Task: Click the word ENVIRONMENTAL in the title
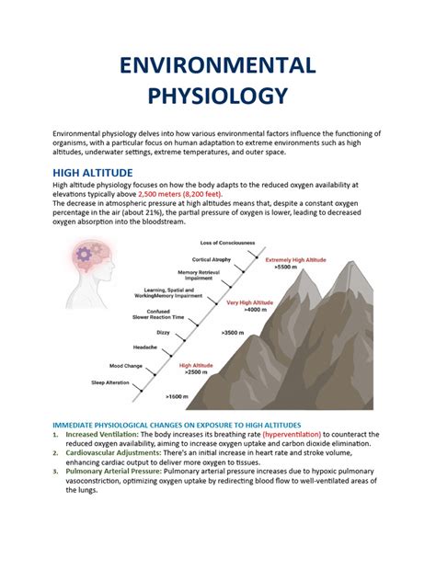click(218, 65)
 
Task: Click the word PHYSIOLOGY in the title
click(218, 96)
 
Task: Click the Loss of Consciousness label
click(229, 243)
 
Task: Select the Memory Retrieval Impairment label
click(201, 276)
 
